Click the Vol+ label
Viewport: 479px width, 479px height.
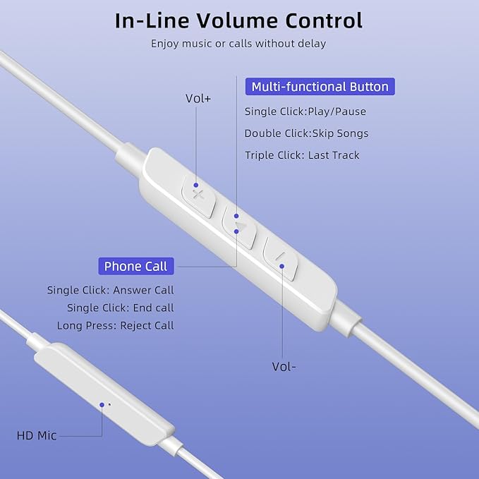pos(198,99)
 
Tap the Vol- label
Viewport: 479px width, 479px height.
pos(284,367)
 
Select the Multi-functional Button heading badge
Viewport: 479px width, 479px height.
pos(320,87)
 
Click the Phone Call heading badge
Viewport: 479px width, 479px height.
pos(136,266)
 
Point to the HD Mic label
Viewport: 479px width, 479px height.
pos(37,436)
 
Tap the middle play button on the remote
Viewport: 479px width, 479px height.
pos(239,226)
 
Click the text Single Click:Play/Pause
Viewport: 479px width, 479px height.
pos(305,111)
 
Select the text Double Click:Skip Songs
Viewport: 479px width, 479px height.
pos(306,133)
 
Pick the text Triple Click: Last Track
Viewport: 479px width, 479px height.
pos(302,155)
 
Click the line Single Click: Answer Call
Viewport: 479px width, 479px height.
pos(111,290)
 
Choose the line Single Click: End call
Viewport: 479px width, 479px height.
pos(121,308)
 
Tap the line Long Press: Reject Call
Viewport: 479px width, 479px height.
pos(116,325)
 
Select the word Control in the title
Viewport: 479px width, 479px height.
pos(324,20)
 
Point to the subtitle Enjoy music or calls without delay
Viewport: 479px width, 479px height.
pos(238,43)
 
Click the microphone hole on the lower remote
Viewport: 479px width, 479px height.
pos(109,405)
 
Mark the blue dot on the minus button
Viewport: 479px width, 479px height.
pos(281,267)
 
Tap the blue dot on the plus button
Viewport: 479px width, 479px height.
pos(196,185)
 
